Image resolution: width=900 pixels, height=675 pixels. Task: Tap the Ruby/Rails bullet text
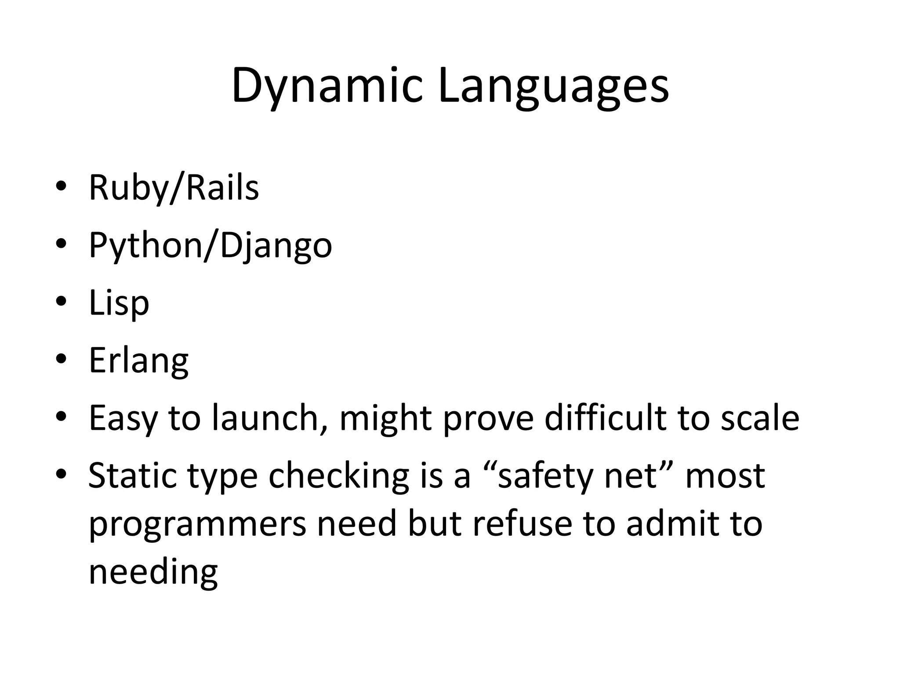coord(174,188)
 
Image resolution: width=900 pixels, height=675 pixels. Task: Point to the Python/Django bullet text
coord(210,246)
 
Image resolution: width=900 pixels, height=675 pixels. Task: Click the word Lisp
coord(119,303)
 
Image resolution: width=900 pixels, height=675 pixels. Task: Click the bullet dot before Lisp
coord(61,302)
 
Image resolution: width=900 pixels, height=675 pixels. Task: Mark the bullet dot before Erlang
coord(61,359)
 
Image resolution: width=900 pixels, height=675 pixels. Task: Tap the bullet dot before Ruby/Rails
coord(61,186)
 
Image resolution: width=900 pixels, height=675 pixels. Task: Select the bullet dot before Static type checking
coord(61,474)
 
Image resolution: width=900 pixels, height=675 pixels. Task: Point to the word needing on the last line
coord(153,573)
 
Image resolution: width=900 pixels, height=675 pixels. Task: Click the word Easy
coord(123,419)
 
